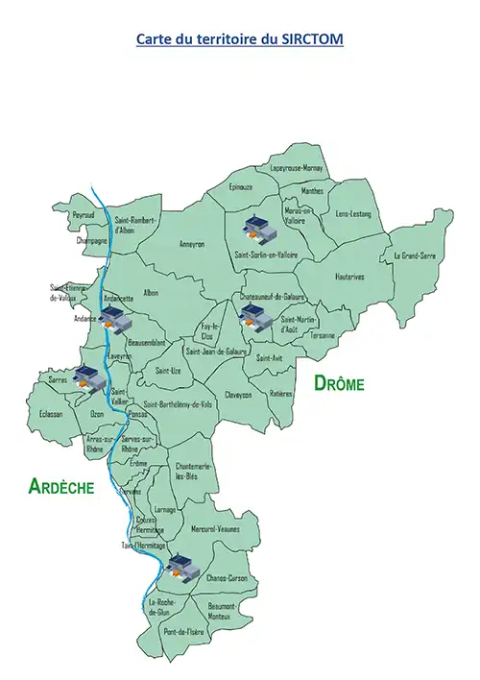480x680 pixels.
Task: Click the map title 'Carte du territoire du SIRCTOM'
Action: click(x=240, y=39)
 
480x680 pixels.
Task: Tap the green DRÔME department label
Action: click(x=340, y=383)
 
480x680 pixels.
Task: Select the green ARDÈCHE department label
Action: click(x=61, y=487)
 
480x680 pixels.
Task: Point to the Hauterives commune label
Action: click(x=349, y=277)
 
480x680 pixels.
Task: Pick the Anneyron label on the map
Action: click(x=192, y=244)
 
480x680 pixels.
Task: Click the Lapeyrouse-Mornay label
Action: click(x=297, y=169)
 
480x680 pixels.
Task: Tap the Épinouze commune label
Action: click(x=240, y=187)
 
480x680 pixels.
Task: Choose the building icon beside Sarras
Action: click(x=85, y=377)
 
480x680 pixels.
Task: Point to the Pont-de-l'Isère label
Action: click(x=183, y=631)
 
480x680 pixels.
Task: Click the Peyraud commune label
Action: click(x=84, y=215)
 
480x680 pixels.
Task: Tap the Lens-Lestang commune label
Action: click(x=352, y=213)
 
